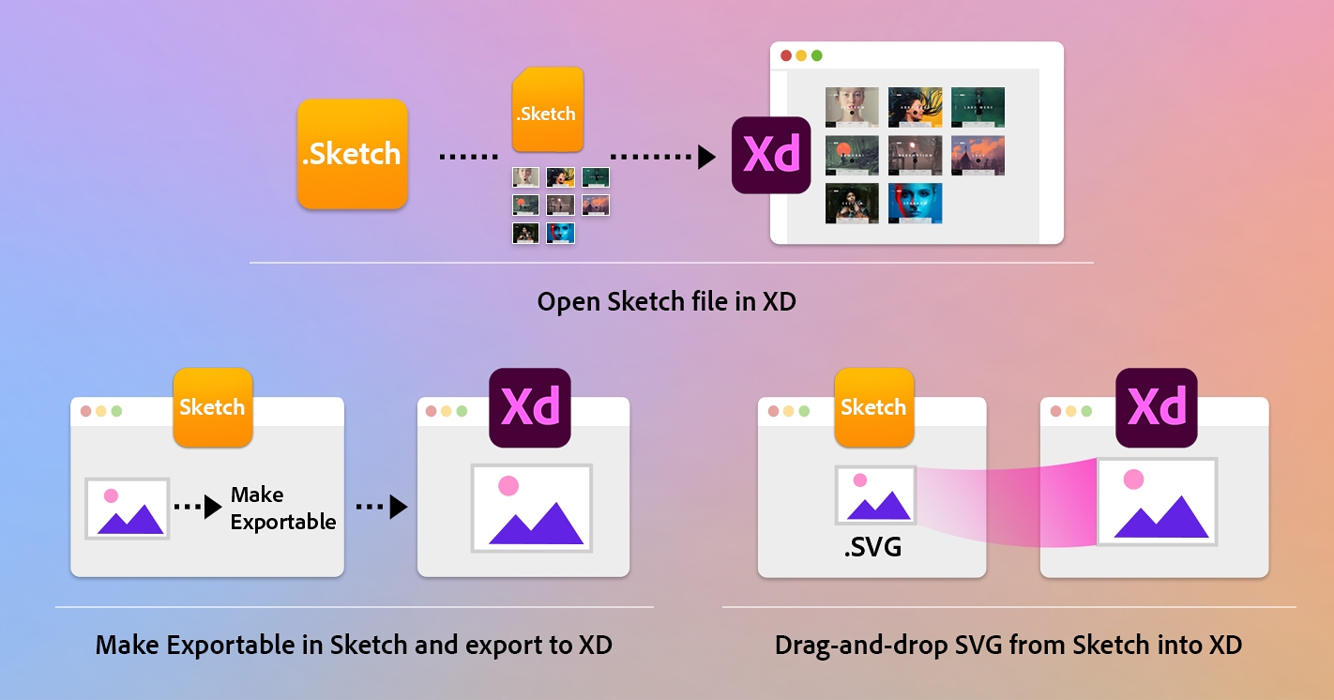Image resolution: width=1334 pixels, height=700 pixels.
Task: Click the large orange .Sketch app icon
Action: coord(352,154)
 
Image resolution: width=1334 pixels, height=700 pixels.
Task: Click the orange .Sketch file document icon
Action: coord(546,110)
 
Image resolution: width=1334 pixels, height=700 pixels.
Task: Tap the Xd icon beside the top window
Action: coord(770,155)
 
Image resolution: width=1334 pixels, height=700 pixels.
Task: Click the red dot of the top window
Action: coord(786,55)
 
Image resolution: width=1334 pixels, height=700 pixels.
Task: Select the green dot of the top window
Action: coord(816,55)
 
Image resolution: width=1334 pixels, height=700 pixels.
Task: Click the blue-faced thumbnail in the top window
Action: coord(915,204)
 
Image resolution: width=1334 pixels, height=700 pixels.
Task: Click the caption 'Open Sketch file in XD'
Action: coord(666,302)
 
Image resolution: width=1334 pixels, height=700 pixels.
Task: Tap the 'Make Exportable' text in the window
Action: coord(282,509)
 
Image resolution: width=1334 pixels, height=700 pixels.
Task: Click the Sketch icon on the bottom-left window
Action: coord(212,407)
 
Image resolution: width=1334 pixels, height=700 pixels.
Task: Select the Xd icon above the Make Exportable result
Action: coord(530,407)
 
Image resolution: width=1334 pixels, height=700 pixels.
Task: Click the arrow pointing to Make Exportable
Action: coord(199,507)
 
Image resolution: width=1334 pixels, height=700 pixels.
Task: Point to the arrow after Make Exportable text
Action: coord(382,507)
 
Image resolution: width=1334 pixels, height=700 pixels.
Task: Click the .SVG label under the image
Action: coord(872,546)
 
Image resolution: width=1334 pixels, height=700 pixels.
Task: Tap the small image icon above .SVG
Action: coord(874,495)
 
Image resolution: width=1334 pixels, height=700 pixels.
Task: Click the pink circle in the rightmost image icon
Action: coord(1133,479)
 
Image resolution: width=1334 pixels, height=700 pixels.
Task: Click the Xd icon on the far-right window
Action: coord(1156,407)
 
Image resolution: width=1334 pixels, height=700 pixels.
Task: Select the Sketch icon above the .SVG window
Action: coord(873,407)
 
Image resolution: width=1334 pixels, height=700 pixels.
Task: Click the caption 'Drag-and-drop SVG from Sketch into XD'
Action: coord(1008,646)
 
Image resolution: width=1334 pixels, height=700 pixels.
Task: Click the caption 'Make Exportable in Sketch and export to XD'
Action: coord(354,646)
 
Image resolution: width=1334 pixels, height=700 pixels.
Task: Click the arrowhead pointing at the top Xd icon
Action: coord(706,156)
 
